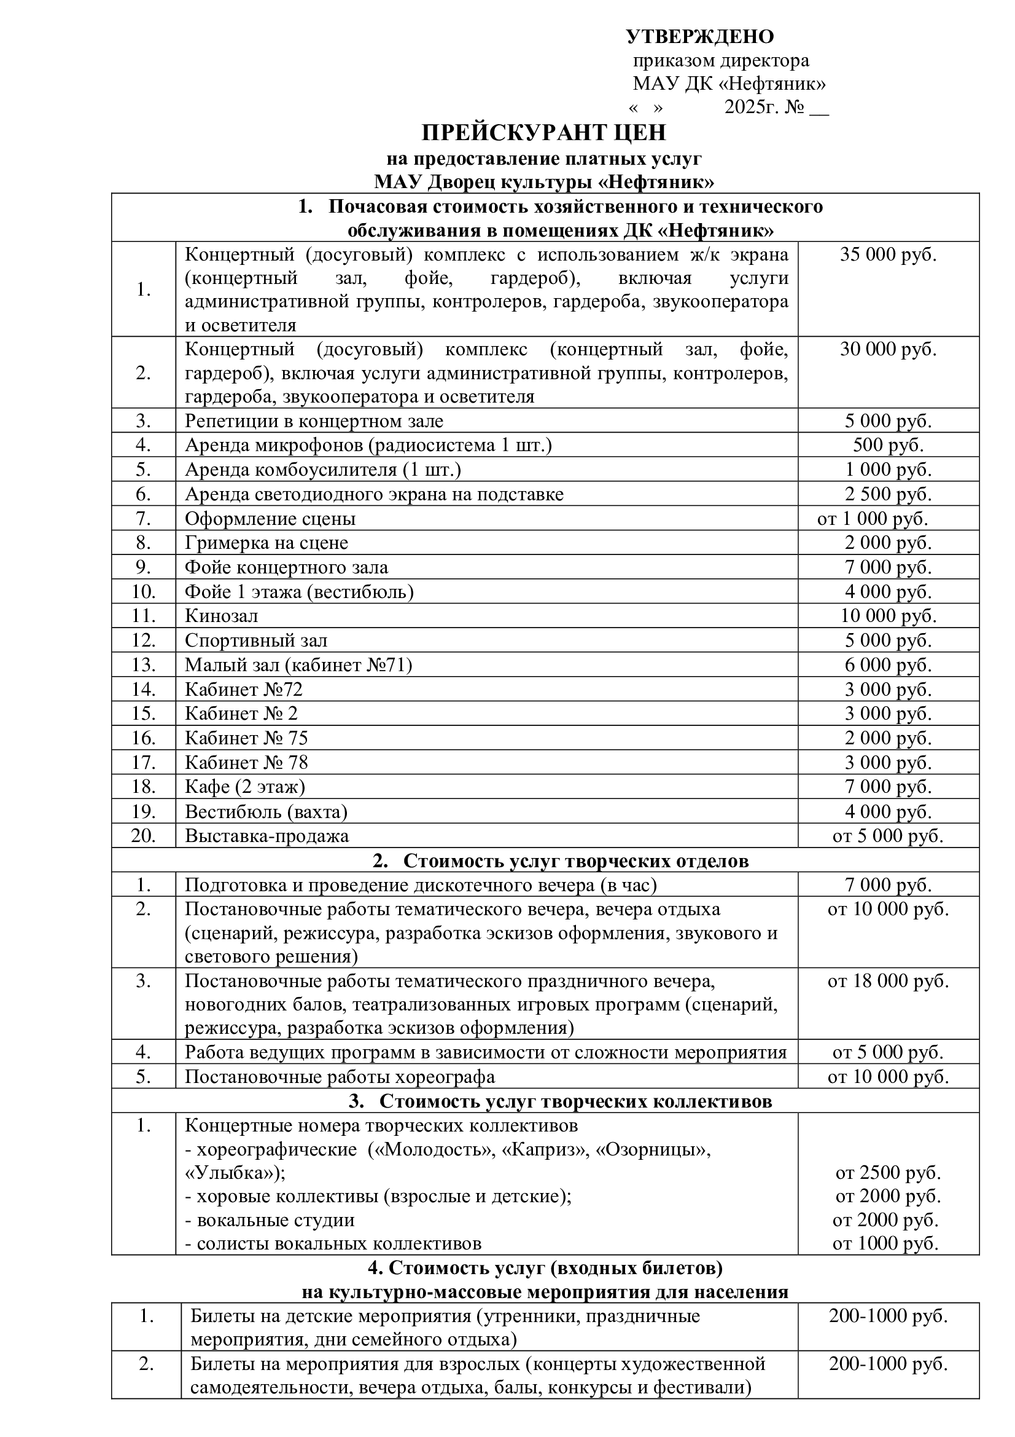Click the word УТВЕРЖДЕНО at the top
coord(700,37)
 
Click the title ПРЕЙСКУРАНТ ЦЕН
coord(543,133)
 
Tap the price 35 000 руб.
coord(887,254)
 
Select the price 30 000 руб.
coord(887,349)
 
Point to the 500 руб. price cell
coord(888,445)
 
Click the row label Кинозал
coord(222,616)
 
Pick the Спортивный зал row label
coord(256,640)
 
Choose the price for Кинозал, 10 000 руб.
coord(888,616)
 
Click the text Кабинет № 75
coord(246,738)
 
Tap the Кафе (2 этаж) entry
coord(244,787)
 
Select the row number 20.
coord(143,835)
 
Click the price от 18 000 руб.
coord(888,981)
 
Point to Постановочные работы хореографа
coord(340,1076)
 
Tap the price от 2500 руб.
coord(888,1172)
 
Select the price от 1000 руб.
coord(885,1243)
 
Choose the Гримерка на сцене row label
coord(266,543)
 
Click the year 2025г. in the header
coord(749,108)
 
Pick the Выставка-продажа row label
coord(266,835)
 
